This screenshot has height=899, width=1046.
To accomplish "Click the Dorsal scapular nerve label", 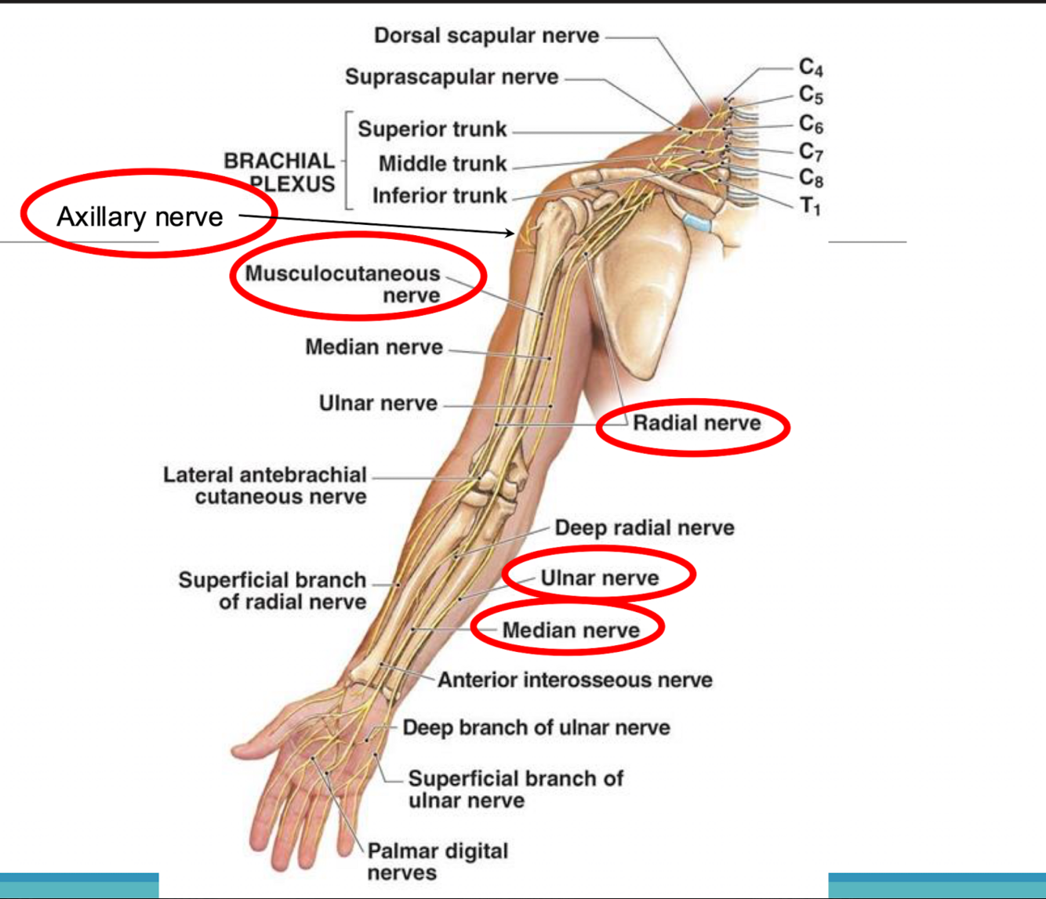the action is [x=486, y=35].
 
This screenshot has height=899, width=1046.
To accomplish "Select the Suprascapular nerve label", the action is [x=452, y=77].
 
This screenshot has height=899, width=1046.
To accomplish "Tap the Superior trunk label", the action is [x=432, y=129].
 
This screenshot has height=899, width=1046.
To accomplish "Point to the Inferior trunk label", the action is [x=439, y=195].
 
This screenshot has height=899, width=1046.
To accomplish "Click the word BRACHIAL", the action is [x=278, y=161].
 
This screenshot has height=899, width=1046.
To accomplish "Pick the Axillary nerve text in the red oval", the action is [x=140, y=216].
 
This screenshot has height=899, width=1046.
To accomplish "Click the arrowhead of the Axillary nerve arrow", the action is [x=511, y=232].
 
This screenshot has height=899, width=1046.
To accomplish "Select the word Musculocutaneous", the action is [x=343, y=274].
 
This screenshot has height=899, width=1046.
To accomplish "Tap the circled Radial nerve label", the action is [x=696, y=423].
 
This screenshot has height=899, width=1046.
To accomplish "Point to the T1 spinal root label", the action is [x=810, y=206].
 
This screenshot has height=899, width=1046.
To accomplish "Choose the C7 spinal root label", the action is [x=811, y=150].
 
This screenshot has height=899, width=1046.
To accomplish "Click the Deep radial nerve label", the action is [x=645, y=527].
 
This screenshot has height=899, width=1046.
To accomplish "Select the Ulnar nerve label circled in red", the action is [x=599, y=578].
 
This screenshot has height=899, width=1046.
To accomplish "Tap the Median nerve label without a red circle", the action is [x=374, y=346].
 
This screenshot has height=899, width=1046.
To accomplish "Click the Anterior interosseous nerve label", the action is [x=575, y=680].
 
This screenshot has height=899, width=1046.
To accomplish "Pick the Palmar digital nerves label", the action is [x=438, y=861].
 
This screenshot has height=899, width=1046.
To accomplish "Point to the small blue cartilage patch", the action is [x=696, y=223].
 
